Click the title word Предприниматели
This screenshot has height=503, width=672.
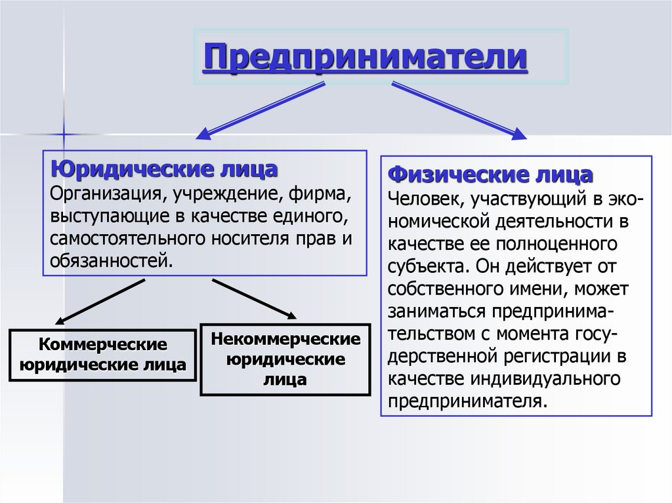(x=366, y=57)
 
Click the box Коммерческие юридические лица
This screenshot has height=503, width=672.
(x=102, y=355)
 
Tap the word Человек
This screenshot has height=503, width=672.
(x=417, y=198)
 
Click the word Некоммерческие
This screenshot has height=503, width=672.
(x=285, y=340)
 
